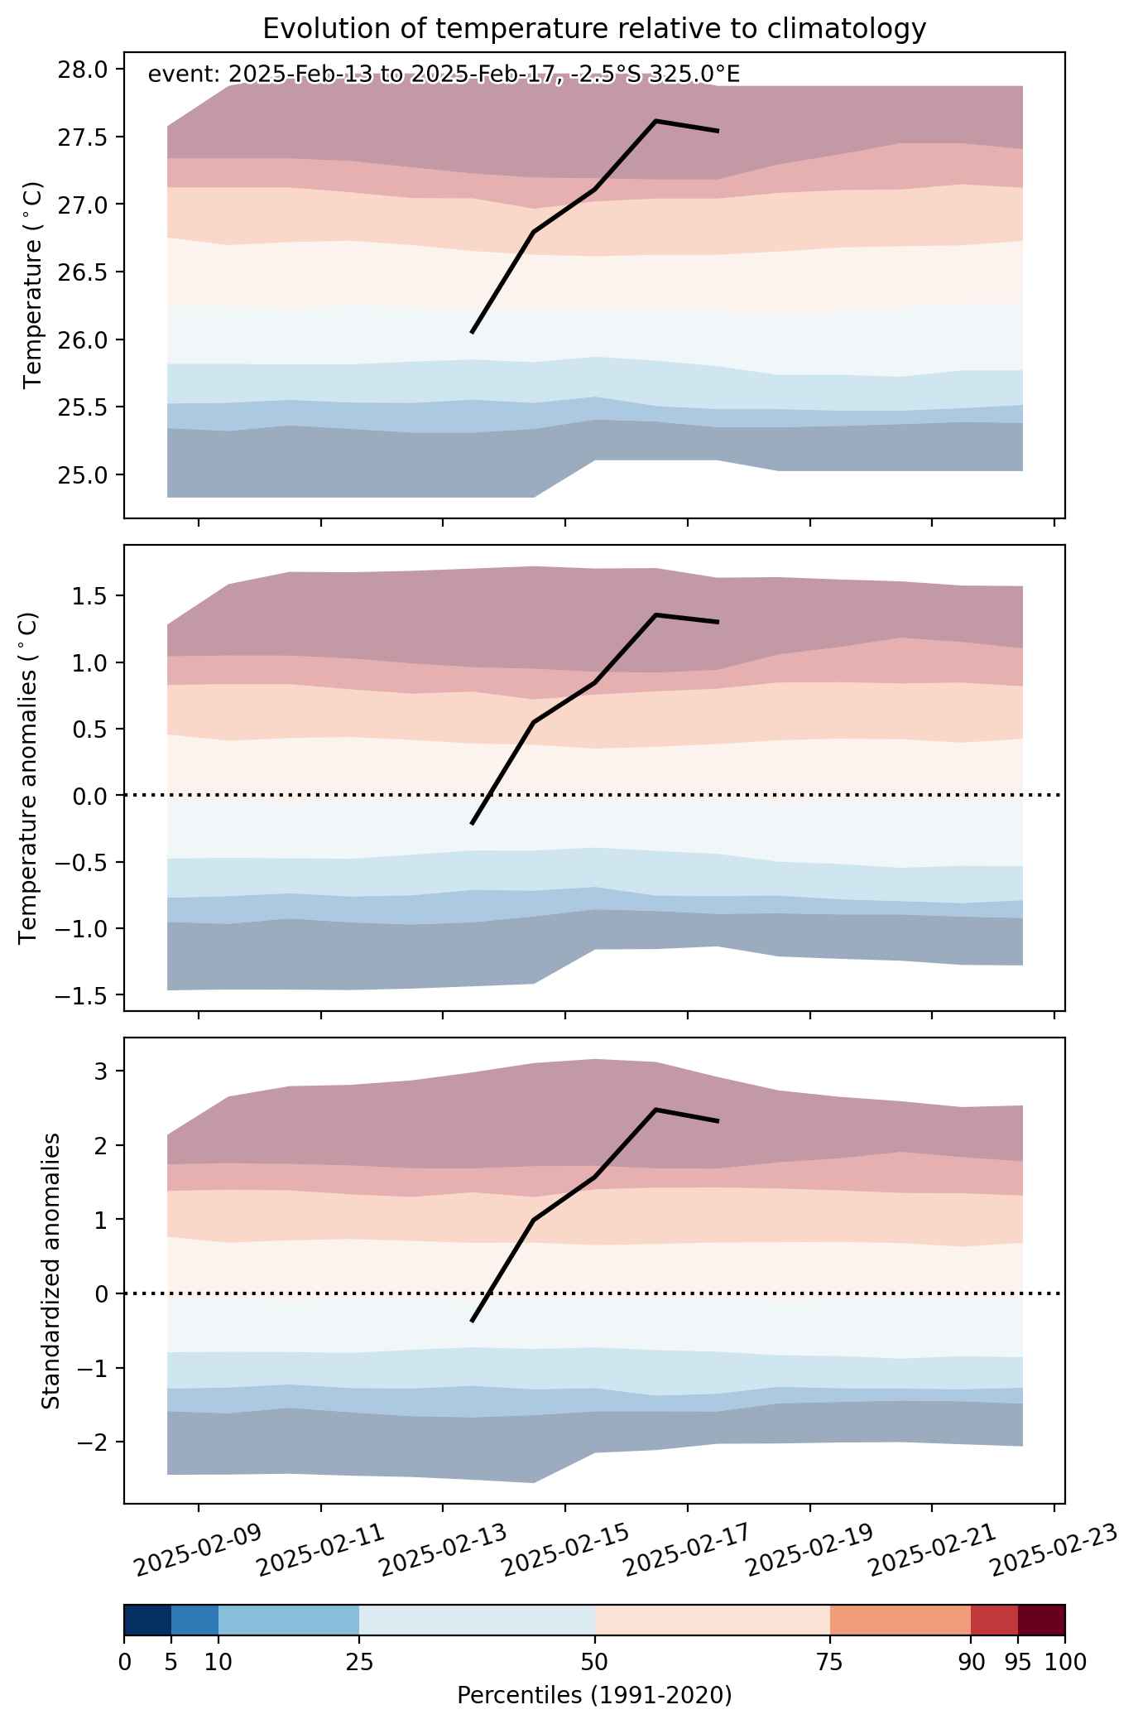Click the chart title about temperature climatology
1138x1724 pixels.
pyautogui.click(x=593, y=29)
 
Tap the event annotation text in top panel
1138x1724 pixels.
pyautogui.click(x=444, y=75)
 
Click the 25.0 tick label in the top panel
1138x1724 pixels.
pyautogui.click(x=84, y=475)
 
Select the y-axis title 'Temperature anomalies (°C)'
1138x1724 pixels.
pyautogui.click(x=29, y=778)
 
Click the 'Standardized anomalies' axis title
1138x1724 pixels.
pyautogui.click(x=50, y=1270)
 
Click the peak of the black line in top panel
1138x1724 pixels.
pyautogui.click(x=655, y=121)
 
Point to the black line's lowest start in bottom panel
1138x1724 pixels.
pyautogui.click(x=472, y=1322)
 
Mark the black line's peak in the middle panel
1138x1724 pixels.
pyautogui.click(x=655, y=615)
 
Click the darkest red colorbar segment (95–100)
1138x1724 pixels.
pyautogui.click(x=1041, y=1620)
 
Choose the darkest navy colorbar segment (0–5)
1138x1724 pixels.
pyautogui.click(x=147, y=1620)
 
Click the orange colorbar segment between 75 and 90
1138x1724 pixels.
pyautogui.click(x=900, y=1620)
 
